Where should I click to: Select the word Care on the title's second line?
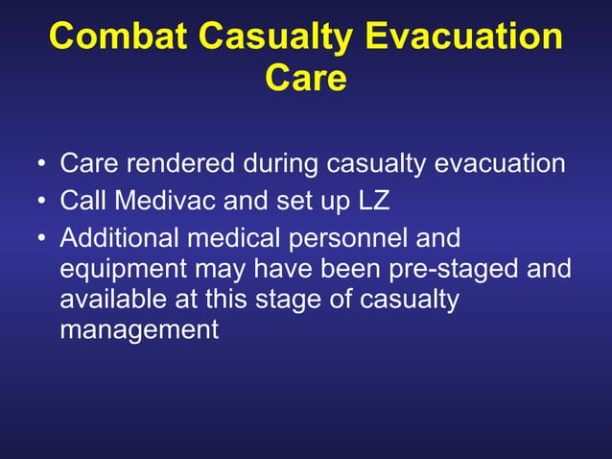pos(305,79)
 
